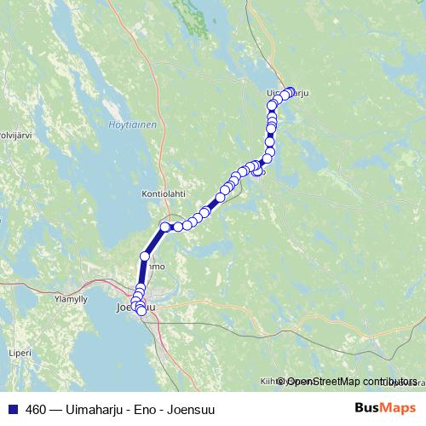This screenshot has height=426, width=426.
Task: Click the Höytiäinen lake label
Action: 132,125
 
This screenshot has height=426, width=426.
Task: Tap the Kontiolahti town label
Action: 163,194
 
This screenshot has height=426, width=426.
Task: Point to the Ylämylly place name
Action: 70,300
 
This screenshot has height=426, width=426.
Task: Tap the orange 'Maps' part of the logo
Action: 400,409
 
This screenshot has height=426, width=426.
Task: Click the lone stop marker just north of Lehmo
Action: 145,256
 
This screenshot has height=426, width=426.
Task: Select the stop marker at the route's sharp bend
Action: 165,227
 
